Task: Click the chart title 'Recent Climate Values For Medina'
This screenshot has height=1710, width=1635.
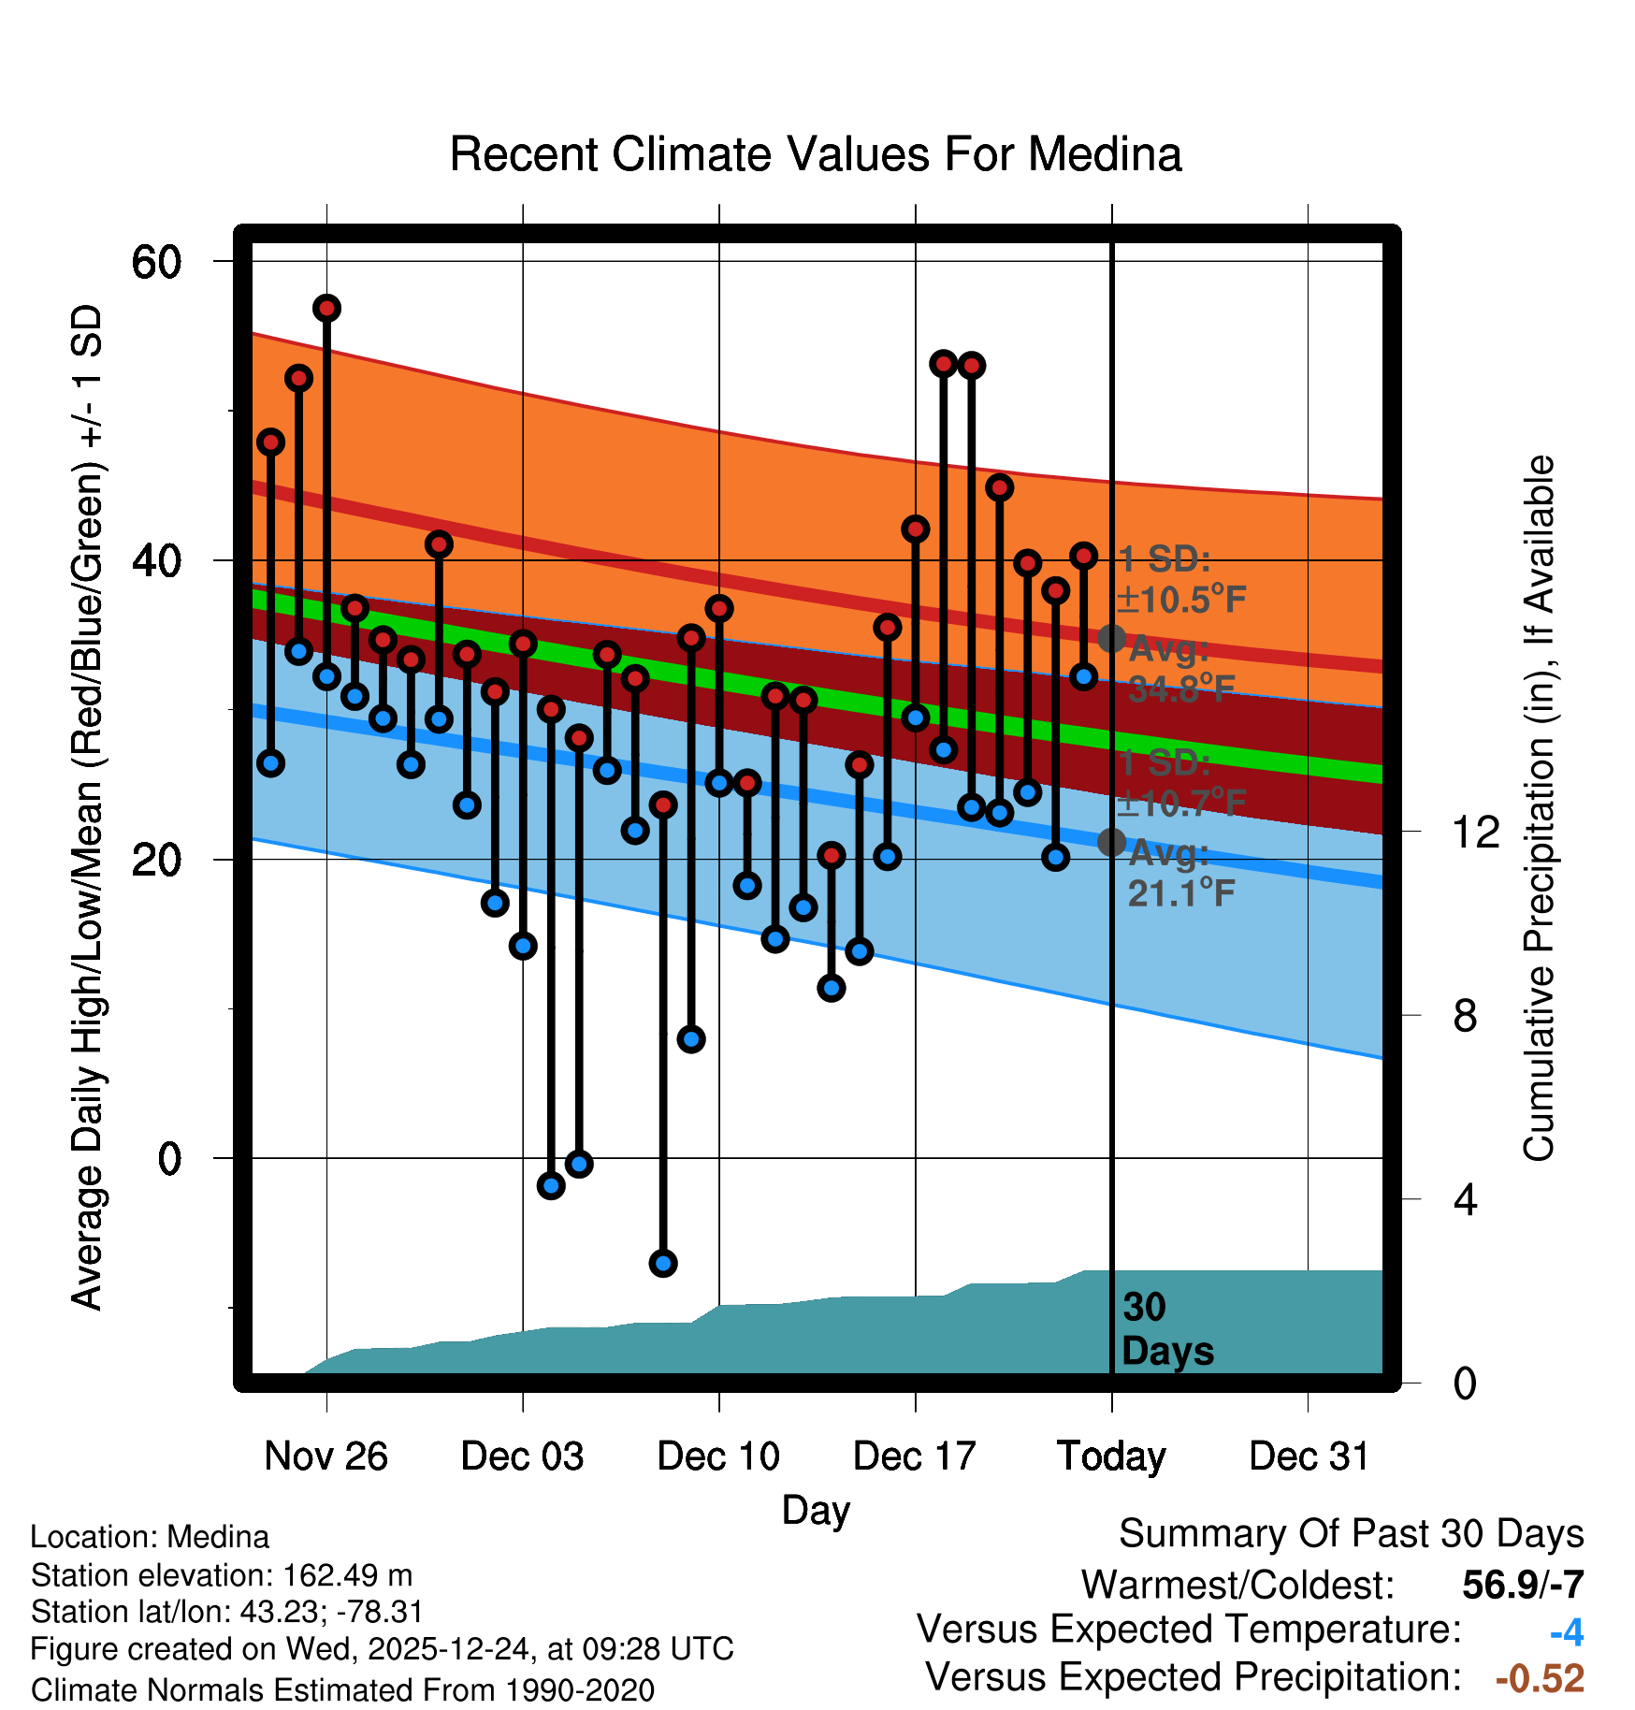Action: pyautogui.click(x=816, y=154)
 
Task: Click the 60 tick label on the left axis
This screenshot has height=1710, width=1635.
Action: pyautogui.click(x=156, y=262)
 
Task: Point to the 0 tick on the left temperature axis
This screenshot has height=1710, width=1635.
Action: pyautogui.click(x=169, y=1159)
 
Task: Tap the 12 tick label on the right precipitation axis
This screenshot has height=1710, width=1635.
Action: pyautogui.click(x=1476, y=832)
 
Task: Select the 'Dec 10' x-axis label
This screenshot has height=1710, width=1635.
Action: pyautogui.click(x=718, y=1456)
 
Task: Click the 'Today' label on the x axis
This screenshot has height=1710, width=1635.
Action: pyautogui.click(x=1111, y=1456)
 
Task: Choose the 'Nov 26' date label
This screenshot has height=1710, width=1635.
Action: pyautogui.click(x=326, y=1456)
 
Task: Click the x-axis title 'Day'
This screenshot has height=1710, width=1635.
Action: pyautogui.click(x=816, y=1510)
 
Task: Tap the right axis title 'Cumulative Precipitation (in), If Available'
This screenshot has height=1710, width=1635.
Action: pyautogui.click(x=1539, y=808)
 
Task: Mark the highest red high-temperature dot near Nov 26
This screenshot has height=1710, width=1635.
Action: pyautogui.click(x=326, y=308)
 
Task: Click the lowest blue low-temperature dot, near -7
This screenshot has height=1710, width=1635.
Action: pyautogui.click(x=663, y=1263)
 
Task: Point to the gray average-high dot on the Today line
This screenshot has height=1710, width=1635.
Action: pyautogui.click(x=1111, y=639)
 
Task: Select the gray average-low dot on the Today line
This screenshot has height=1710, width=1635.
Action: pyautogui.click(x=1111, y=842)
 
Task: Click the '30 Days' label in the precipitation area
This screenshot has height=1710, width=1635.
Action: pyautogui.click(x=1166, y=1329)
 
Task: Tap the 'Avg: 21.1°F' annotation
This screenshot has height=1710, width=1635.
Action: pyautogui.click(x=1180, y=874)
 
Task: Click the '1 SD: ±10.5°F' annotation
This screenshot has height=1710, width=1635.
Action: pyautogui.click(x=1180, y=580)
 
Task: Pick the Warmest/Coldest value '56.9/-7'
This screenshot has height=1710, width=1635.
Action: pyautogui.click(x=1523, y=1585)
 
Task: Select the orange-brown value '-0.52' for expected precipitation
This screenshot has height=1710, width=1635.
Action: pyautogui.click(x=1540, y=1678)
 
